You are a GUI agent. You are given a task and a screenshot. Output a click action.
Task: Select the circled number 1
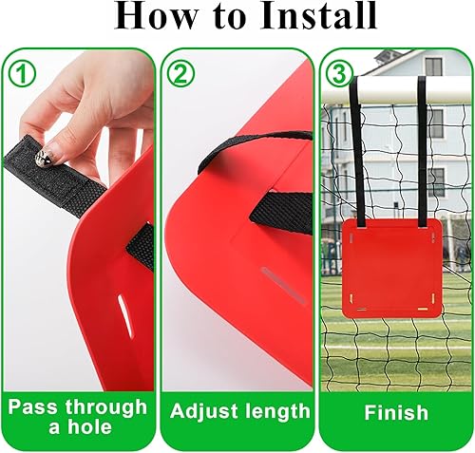(20, 72)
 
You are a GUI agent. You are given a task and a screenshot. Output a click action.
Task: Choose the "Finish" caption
(394, 413)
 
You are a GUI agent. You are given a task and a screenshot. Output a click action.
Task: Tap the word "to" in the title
(227, 17)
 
